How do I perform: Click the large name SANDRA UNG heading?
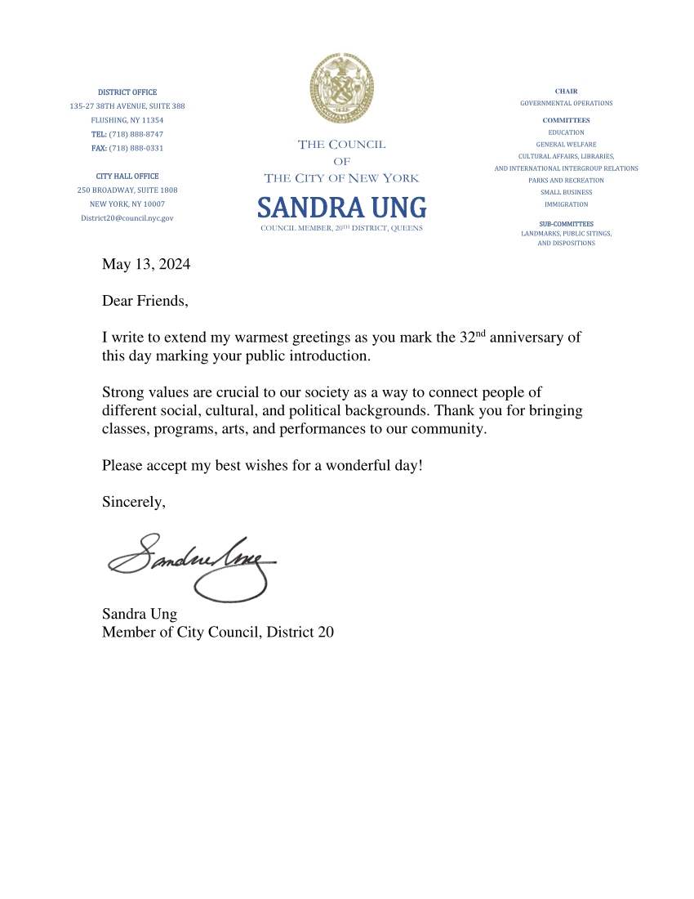point(341,208)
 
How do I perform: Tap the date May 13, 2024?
point(146,264)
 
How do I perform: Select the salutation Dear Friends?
point(145,301)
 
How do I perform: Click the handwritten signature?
point(192,563)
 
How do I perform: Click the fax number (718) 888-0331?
point(136,148)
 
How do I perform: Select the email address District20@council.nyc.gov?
point(127,218)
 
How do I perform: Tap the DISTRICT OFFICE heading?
point(127,92)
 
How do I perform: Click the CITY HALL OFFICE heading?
point(127,176)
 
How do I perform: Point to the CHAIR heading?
point(566,92)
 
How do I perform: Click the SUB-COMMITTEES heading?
point(566,224)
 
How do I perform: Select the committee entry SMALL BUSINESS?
point(566,192)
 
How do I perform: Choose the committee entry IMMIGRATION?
point(566,204)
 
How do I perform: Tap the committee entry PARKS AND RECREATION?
point(566,180)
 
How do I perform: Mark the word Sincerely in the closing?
point(133,502)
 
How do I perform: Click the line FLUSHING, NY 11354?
point(127,120)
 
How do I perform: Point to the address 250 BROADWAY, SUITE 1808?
point(127,190)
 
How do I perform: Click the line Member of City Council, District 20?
point(217,632)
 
